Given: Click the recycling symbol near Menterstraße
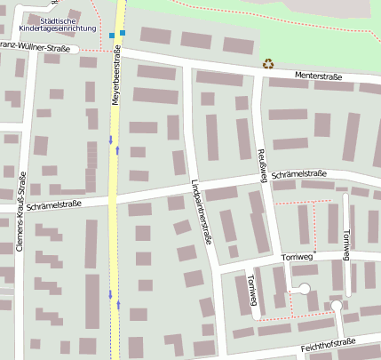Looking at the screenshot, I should [268, 63].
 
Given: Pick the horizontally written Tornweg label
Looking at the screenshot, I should [298, 258].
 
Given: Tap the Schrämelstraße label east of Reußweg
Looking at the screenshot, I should [300, 175].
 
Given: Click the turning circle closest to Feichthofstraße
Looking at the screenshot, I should [337, 307].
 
